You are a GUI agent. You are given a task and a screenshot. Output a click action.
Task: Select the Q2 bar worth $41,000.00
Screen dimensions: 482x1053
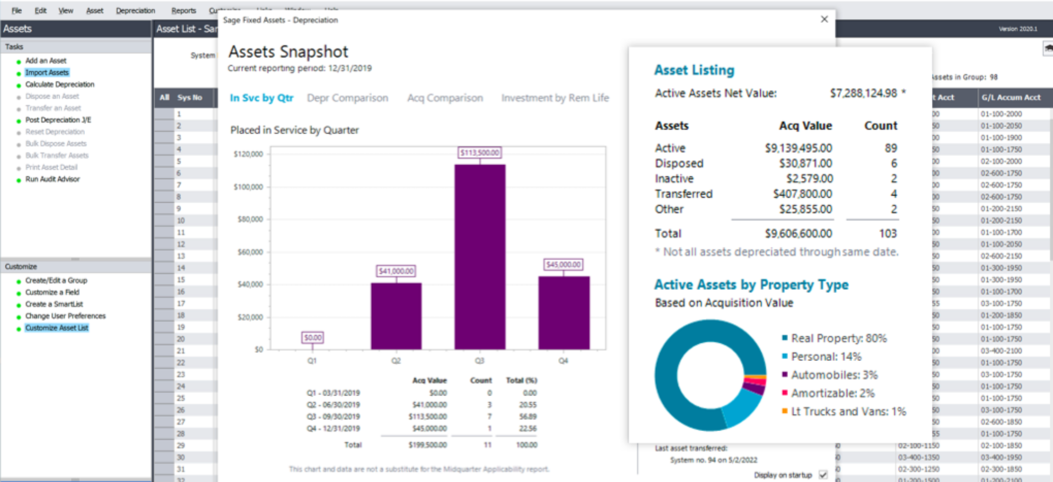point(396,316)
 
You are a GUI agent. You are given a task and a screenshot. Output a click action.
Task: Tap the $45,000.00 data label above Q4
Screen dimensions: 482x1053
point(563,265)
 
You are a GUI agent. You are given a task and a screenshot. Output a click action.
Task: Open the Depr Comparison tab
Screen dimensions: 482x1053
point(347,98)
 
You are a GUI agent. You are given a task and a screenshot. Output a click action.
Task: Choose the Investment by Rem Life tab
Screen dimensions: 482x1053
point(554,98)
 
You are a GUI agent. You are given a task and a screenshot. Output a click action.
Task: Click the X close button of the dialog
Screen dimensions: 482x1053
point(824,19)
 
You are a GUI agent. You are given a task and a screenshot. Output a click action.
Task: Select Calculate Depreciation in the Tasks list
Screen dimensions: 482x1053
point(60,84)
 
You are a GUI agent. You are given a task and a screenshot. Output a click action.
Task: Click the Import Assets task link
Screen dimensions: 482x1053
point(47,72)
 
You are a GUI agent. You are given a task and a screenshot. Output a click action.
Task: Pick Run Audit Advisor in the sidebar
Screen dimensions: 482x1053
point(53,179)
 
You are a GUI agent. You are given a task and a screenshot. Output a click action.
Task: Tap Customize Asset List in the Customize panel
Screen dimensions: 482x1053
point(56,328)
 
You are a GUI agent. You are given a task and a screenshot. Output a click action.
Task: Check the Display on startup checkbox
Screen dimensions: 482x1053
point(823,475)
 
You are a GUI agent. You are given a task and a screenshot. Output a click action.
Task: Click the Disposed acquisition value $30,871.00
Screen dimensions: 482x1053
point(805,163)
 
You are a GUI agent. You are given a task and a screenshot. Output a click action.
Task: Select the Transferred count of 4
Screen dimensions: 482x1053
point(893,194)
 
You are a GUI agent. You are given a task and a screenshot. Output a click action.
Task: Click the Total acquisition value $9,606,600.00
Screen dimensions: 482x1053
point(799,233)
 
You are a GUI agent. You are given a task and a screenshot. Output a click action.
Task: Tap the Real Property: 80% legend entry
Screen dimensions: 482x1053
point(839,338)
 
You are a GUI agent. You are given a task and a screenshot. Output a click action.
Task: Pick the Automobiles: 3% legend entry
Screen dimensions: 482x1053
point(834,375)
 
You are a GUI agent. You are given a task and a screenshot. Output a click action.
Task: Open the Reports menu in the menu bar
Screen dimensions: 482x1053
point(183,10)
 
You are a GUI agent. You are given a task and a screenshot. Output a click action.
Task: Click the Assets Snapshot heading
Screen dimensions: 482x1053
point(288,51)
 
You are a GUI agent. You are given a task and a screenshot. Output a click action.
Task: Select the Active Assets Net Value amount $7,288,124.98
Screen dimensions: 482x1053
point(863,93)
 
